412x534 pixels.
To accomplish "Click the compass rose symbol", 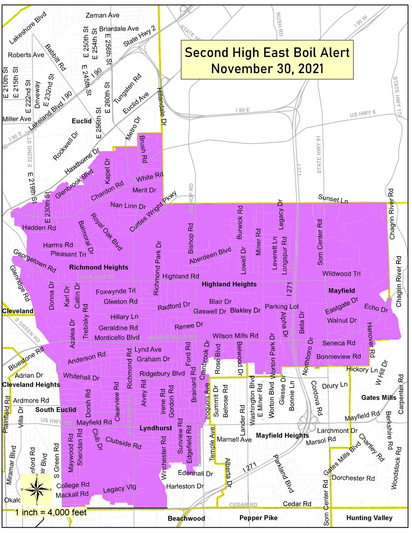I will (x=36, y=489).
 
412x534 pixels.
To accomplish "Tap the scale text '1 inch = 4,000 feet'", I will (x=51, y=512).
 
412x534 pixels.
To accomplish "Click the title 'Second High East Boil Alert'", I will (x=267, y=53).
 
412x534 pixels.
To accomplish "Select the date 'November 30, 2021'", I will (x=267, y=69).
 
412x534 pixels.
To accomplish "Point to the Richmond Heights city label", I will (x=98, y=267).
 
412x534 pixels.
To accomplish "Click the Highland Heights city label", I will (x=229, y=284).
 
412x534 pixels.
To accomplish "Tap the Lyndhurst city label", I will (x=155, y=428).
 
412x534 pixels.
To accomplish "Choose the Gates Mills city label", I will (x=379, y=398).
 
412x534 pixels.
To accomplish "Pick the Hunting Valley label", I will (x=369, y=518).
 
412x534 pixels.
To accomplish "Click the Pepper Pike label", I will (x=258, y=518).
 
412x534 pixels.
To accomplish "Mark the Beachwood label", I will (x=186, y=518).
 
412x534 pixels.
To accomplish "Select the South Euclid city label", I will (x=56, y=409).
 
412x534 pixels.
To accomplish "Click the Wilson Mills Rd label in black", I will (x=235, y=336).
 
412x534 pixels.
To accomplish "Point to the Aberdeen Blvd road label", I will (x=210, y=256).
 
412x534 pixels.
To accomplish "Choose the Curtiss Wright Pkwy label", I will (x=153, y=211).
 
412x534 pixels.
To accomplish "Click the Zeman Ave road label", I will (x=103, y=15).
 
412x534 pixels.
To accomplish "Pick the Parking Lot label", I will (x=282, y=306).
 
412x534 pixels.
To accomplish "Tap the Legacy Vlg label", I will (x=120, y=489).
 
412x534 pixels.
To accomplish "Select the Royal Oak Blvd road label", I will (x=107, y=231).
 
